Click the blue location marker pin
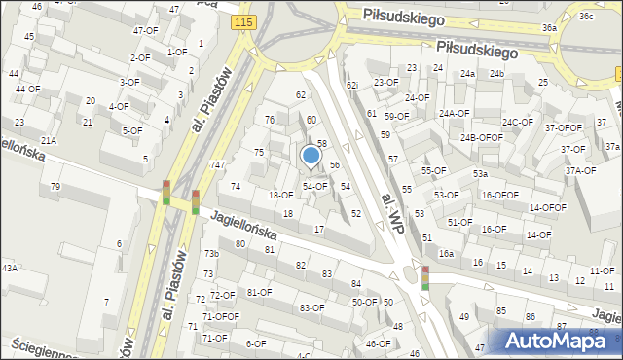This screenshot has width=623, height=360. click(311, 156)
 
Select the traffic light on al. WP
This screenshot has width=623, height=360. click(424, 277)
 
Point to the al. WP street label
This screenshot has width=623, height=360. click(392, 211)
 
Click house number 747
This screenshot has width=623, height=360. click(217, 165)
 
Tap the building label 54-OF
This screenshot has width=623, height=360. click(313, 186)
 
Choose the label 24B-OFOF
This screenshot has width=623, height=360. click(482, 138)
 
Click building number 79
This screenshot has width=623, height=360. click(55, 186)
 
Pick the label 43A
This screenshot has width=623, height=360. click(9, 268)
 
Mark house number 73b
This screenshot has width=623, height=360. click(211, 254)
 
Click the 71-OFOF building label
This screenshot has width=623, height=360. click(220, 316)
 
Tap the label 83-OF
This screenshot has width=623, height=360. click(311, 307)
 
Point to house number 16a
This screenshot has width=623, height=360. click(446, 254)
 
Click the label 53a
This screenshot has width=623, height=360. click(480, 174)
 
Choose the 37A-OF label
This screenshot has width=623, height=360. click(581, 170)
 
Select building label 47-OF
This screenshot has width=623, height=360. click(145, 30)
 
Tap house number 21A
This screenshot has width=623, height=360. click(48, 141)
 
